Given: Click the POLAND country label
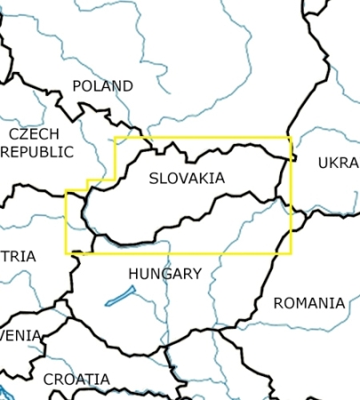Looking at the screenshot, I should tap(102, 86).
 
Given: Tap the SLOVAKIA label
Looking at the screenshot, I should tap(187, 179).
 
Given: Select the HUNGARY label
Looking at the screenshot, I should tap(164, 274).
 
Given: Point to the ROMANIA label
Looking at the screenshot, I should tap(308, 303).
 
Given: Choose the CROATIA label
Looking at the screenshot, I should tap(76, 380).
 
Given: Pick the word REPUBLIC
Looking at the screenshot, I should tap(37, 152).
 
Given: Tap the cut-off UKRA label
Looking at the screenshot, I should tap(338, 164).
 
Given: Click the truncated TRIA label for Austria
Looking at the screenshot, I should tap(18, 256).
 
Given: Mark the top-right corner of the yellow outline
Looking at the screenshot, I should tap(291, 138).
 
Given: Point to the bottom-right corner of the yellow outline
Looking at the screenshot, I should tap(291, 253).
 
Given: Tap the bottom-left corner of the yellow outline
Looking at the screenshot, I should tap(67, 253).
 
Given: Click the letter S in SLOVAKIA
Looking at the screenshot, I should tap(154, 179).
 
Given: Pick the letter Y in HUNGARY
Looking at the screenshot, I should tap(196, 274).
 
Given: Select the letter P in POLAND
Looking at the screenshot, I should tap(76, 86).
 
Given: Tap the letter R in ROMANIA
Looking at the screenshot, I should tap(278, 303).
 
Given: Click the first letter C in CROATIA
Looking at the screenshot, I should tap(48, 380).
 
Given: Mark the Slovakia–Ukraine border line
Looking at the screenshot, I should tap(284, 182).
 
